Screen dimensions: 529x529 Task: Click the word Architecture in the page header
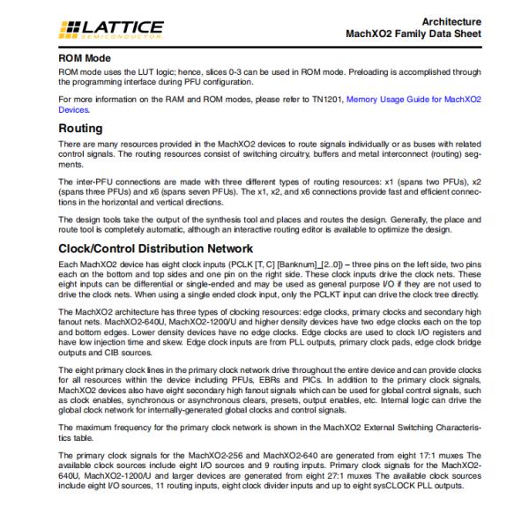tap(451, 19)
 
